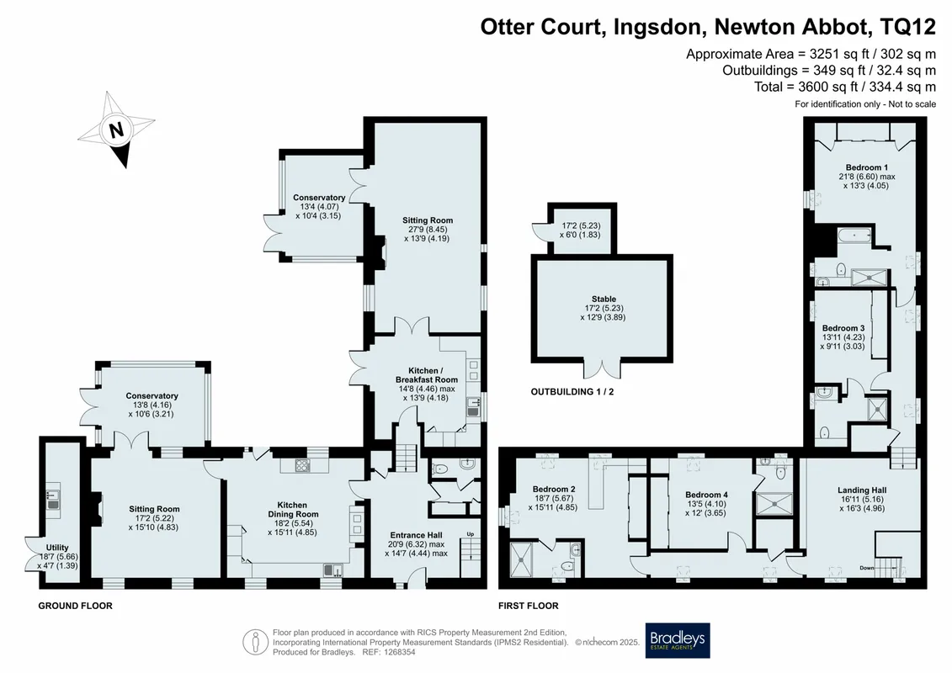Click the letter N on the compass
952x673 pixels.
[116, 130]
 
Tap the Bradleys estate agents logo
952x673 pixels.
[678, 640]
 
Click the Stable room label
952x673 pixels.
[604, 299]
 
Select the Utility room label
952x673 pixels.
[58, 548]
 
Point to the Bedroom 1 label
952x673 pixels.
[867, 167]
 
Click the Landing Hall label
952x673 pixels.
[862, 490]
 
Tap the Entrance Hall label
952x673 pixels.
[416, 535]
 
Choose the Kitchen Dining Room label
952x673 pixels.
[293, 509]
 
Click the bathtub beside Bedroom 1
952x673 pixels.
[855, 236]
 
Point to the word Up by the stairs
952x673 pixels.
[471, 534]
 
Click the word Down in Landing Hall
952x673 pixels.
[868, 568]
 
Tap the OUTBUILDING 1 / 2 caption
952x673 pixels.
[572, 392]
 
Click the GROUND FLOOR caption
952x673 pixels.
[75, 606]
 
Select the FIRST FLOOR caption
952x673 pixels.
[529, 606]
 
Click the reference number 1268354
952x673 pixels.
[397, 652]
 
